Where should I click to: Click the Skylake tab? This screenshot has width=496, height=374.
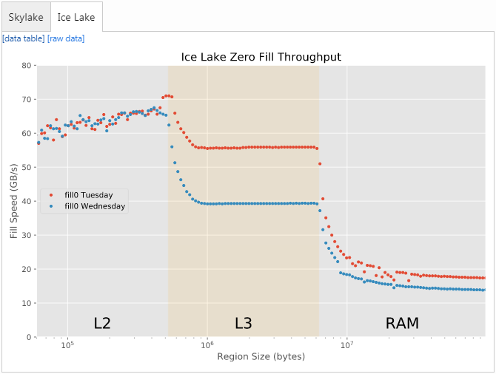coord(25,17)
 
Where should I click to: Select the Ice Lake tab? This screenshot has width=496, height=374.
coord(76,17)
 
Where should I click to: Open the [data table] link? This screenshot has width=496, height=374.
coord(24,38)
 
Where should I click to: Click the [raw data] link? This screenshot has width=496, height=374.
coord(66,38)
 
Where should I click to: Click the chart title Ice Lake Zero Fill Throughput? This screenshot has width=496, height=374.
coord(261,57)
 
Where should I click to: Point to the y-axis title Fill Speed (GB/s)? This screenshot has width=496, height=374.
coord(14,201)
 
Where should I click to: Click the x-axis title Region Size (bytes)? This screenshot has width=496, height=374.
coord(261,357)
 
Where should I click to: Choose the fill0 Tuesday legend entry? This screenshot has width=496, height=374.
coord(88,195)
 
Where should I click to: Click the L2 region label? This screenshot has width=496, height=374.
coord(102,323)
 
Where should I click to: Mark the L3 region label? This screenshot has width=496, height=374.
coord(244,323)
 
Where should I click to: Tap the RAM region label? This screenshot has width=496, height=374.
coord(402,323)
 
